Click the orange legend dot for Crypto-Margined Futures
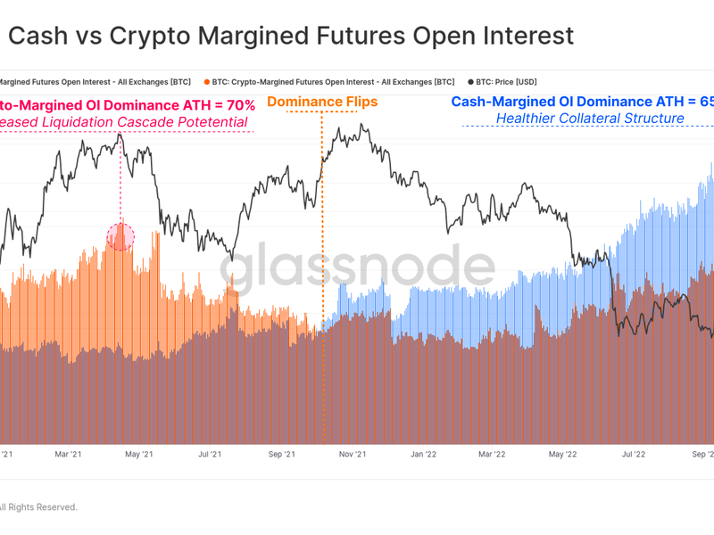point(207,82)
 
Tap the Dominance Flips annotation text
point(322,102)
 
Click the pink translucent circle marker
point(120,235)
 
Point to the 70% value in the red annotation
point(237,104)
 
